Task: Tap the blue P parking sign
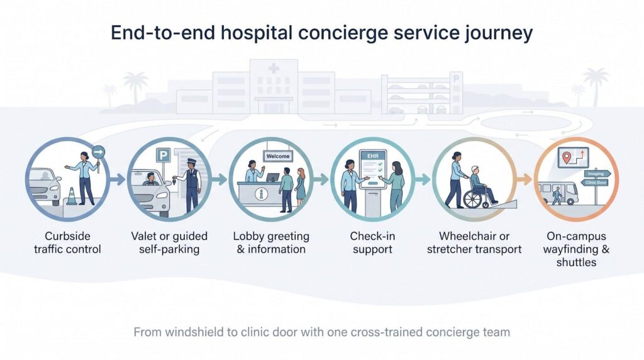click(x=163, y=155)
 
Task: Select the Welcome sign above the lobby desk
click(x=277, y=156)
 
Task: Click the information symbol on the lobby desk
click(x=261, y=194)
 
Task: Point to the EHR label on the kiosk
click(x=372, y=156)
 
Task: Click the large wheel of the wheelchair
click(x=473, y=199)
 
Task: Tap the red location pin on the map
click(x=567, y=157)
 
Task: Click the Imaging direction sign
click(x=596, y=174)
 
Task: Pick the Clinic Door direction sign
click(x=595, y=183)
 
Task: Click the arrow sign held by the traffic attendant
click(x=98, y=152)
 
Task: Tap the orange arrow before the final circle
click(x=524, y=179)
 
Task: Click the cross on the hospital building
click(x=274, y=68)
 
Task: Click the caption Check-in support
click(x=372, y=242)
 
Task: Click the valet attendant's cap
click(x=192, y=162)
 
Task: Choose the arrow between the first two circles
click(x=118, y=179)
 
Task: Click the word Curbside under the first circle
click(x=67, y=236)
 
